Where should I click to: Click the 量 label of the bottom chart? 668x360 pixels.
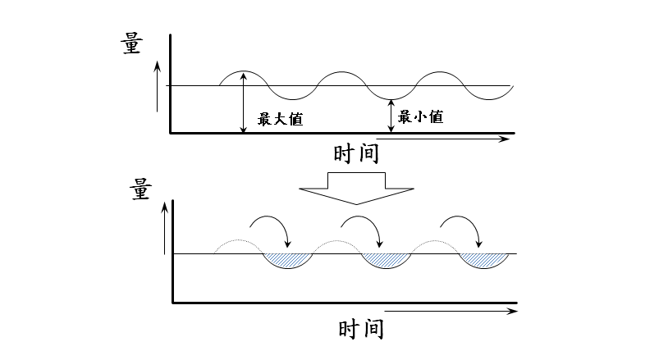(140, 189)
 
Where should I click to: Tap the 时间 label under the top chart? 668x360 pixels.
(357, 153)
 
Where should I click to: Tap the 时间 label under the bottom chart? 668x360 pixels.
(362, 330)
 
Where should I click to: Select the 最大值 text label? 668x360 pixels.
(281, 119)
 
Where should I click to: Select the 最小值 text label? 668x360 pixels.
(421, 117)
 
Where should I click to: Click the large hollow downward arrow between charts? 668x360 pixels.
(355, 188)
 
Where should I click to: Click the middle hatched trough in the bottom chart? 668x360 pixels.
(384, 260)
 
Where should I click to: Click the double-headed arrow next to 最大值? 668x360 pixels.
(243, 103)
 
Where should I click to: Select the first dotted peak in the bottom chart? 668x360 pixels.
(237, 244)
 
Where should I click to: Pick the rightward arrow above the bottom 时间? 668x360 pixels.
(451, 312)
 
